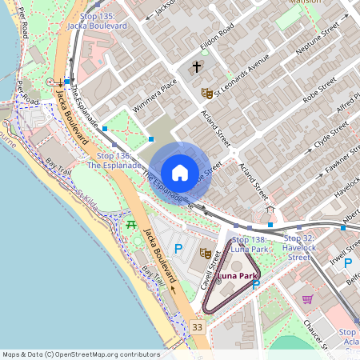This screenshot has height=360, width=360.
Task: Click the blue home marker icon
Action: coord(180,173)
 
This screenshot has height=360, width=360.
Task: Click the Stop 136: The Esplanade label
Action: coord(114,160)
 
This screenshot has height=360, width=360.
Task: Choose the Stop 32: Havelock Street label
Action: coord(298,247)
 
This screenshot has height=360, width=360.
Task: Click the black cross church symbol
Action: coord(197,68)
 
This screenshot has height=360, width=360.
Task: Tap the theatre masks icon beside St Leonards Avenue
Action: coord(206,93)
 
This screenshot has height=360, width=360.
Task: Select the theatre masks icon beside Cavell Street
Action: coord(205,253)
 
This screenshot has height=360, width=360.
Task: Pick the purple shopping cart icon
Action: coord(307,299)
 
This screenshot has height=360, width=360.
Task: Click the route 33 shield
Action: coord(198,327)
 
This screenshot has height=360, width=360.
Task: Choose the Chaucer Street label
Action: coord(318,336)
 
